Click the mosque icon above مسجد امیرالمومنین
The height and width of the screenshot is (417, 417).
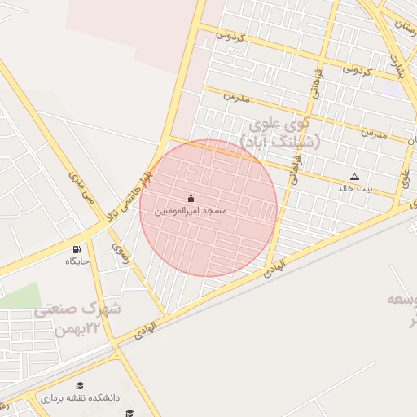click(x=191, y=198)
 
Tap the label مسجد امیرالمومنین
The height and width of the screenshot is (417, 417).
click(x=191, y=211)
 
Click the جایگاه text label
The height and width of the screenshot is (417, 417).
click(x=77, y=261)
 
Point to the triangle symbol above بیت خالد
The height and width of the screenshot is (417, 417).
click(x=354, y=177)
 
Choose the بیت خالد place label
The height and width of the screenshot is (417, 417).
click(x=354, y=188)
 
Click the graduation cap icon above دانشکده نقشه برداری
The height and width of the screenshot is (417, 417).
click(x=80, y=385)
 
